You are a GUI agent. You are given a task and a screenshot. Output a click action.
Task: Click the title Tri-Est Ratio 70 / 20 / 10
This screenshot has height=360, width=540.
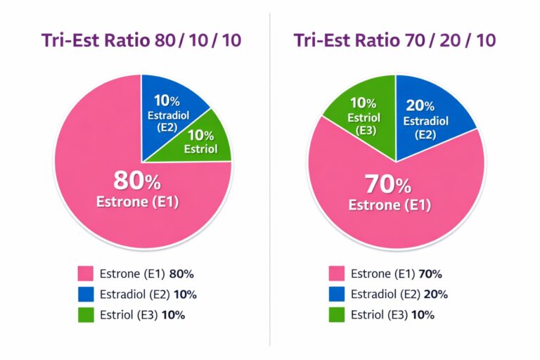(395, 40)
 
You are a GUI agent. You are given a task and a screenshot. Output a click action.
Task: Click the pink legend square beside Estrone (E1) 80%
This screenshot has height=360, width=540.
(85, 274)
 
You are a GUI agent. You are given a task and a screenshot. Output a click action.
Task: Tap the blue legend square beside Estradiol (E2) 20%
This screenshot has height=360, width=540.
(336, 294)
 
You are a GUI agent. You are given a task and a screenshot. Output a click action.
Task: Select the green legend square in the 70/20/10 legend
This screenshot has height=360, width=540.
(336, 314)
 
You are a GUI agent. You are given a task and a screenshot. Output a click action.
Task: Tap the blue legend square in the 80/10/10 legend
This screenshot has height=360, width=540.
(85, 294)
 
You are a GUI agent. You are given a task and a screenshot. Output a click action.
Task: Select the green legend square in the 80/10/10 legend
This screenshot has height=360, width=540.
(85, 314)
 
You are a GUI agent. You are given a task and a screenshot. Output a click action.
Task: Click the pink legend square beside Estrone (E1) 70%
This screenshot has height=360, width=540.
(336, 274)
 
